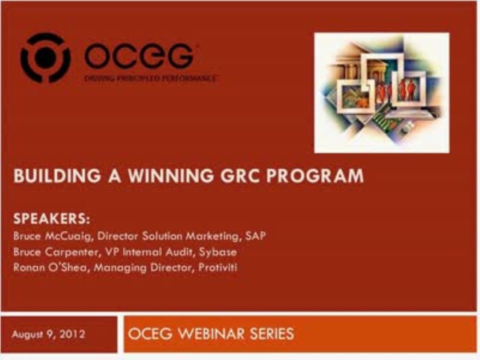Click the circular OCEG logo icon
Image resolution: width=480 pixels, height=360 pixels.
(x=44, y=57)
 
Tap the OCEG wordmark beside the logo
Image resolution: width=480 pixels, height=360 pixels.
(x=139, y=55)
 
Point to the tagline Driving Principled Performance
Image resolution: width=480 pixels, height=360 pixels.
(x=150, y=78)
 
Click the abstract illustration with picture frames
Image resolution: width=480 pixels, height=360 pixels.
(x=381, y=92)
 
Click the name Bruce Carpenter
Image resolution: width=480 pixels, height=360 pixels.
(x=48, y=251)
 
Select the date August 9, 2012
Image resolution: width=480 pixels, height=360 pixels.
(x=48, y=333)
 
